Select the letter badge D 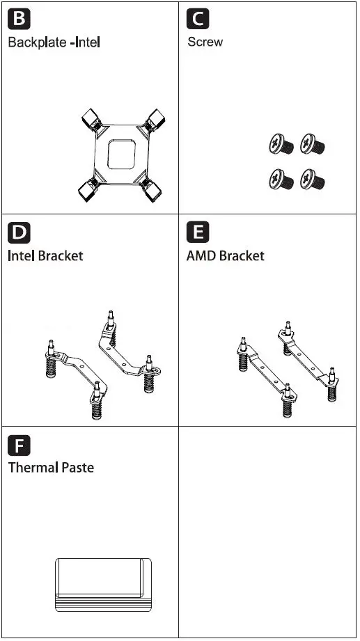click(19, 231)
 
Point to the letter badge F click(19, 444)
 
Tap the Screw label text click(205, 42)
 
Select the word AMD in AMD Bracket click(201, 255)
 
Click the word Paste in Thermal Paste click(75, 468)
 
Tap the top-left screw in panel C click(279, 145)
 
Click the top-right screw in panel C click(312, 145)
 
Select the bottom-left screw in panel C click(279, 180)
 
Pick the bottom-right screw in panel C click(312, 180)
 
